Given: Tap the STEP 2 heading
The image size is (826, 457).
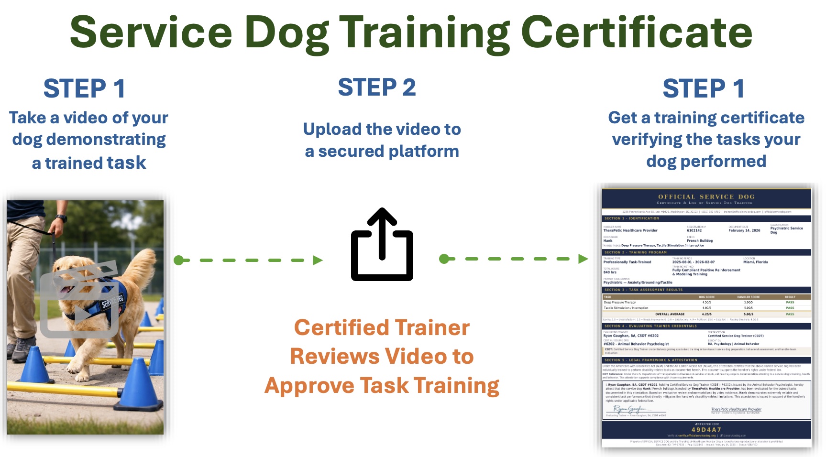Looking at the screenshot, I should click(x=377, y=87).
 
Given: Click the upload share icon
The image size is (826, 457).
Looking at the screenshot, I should click(x=382, y=244).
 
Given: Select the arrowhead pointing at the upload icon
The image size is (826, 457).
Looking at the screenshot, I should click(x=318, y=261).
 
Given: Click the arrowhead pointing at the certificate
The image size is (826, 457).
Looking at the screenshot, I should click(x=583, y=259).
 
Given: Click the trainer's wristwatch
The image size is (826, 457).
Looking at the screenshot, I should click(x=60, y=218).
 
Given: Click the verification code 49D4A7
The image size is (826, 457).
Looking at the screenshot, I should click(x=706, y=430).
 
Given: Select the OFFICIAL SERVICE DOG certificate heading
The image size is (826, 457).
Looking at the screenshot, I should click(x=706, y=196).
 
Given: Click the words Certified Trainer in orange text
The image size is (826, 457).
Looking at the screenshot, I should click(x=382, y=328).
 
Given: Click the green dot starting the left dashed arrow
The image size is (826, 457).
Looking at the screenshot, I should click(x=178, y=261).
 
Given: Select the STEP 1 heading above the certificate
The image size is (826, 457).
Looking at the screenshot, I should click(x=703, y=89).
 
